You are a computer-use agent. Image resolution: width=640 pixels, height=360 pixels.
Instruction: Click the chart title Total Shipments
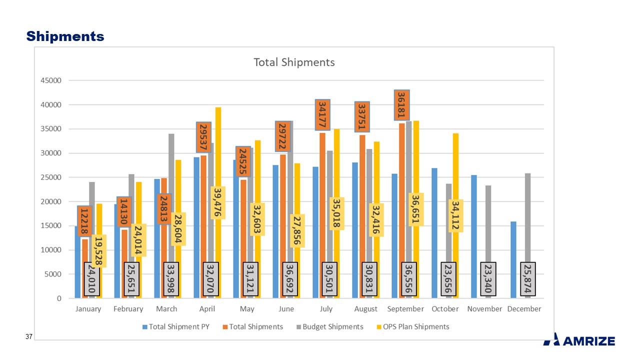(294, 62)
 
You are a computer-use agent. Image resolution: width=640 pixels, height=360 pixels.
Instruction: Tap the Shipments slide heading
(65, 36)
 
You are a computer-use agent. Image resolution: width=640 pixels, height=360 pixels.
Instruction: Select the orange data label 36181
(402, 105)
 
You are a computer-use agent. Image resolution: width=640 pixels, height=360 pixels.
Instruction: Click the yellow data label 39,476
(218, 202)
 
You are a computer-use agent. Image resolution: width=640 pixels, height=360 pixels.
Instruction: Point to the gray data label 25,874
(528, 278)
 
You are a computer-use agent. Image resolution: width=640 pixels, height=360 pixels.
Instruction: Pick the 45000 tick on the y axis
(50, 80)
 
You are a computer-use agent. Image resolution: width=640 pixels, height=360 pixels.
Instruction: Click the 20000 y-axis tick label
(50, 201)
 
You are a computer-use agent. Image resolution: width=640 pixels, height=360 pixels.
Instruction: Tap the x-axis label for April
(207, 309)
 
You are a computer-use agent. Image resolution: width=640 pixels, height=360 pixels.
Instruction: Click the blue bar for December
(513, 260)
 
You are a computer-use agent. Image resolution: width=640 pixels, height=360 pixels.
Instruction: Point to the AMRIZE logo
(579, 340)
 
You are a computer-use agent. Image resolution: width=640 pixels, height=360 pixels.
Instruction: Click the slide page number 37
(29, 338)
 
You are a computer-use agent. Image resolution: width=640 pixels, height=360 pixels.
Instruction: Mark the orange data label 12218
(84, 220)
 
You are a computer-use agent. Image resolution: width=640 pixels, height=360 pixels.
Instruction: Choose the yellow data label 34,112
(455, 215)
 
